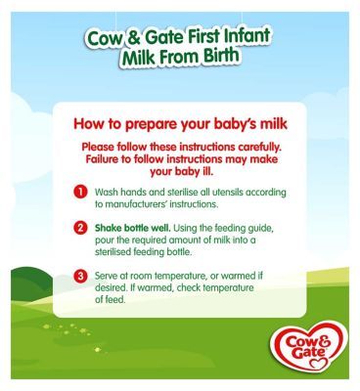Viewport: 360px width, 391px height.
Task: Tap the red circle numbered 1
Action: click(x=81, y=193)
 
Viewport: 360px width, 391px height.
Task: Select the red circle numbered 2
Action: click(x=81, y=227)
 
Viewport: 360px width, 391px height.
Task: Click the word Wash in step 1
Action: click(x=109, y=193)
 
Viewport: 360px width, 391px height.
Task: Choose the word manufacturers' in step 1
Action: click(x=147, y=205)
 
